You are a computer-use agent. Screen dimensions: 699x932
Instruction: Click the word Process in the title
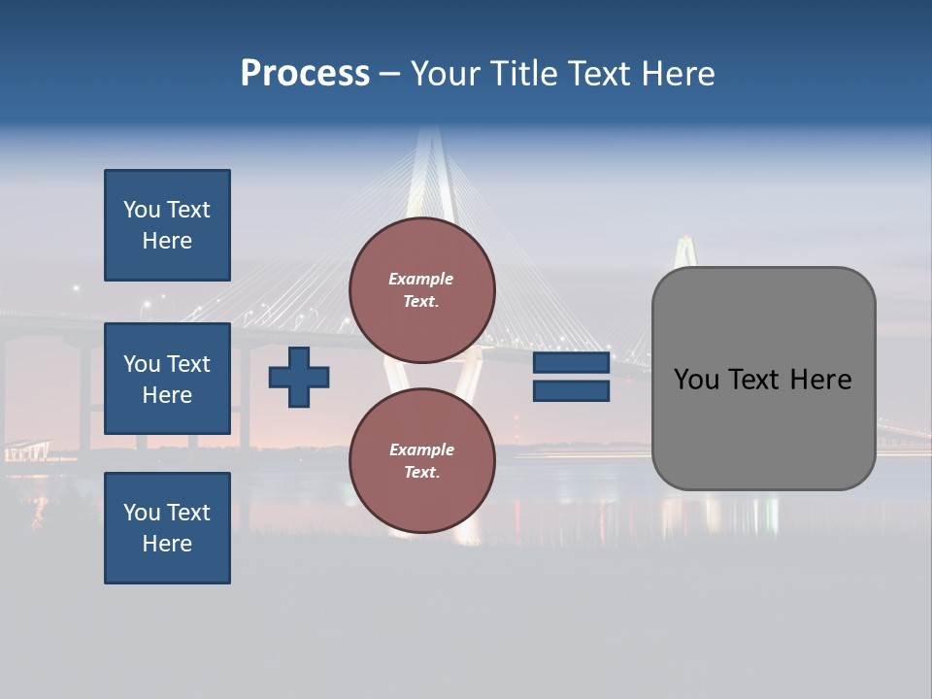tap(305, 74)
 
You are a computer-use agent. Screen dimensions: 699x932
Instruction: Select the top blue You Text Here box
tap(167, 225)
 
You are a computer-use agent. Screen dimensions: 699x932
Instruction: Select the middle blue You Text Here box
tap(167, 379)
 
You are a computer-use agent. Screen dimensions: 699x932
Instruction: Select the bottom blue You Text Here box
tap(167, 528)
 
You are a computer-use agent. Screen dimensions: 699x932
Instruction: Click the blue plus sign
tap(299, 377)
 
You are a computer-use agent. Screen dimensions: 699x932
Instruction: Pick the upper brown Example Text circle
tap(421, 290)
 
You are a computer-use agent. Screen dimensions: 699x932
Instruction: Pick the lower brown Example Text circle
tap(421, 461)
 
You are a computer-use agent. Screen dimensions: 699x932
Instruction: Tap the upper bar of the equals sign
tap(571, 363)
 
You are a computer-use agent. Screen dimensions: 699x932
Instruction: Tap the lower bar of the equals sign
tap(571, 390)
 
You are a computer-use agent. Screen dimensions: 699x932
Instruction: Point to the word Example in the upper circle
tap(420, 280)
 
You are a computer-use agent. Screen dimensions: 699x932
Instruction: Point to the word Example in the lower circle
tap(420, 450)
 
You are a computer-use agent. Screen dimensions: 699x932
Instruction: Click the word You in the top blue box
tap(142, 210)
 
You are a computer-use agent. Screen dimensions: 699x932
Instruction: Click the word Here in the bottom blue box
tap(167, 544)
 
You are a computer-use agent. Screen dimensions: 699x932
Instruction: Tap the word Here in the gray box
tap(820, 380)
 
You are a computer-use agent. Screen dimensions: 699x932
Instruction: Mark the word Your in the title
tap(445, 74)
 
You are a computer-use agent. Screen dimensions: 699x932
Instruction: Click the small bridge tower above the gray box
tap(687, 250)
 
